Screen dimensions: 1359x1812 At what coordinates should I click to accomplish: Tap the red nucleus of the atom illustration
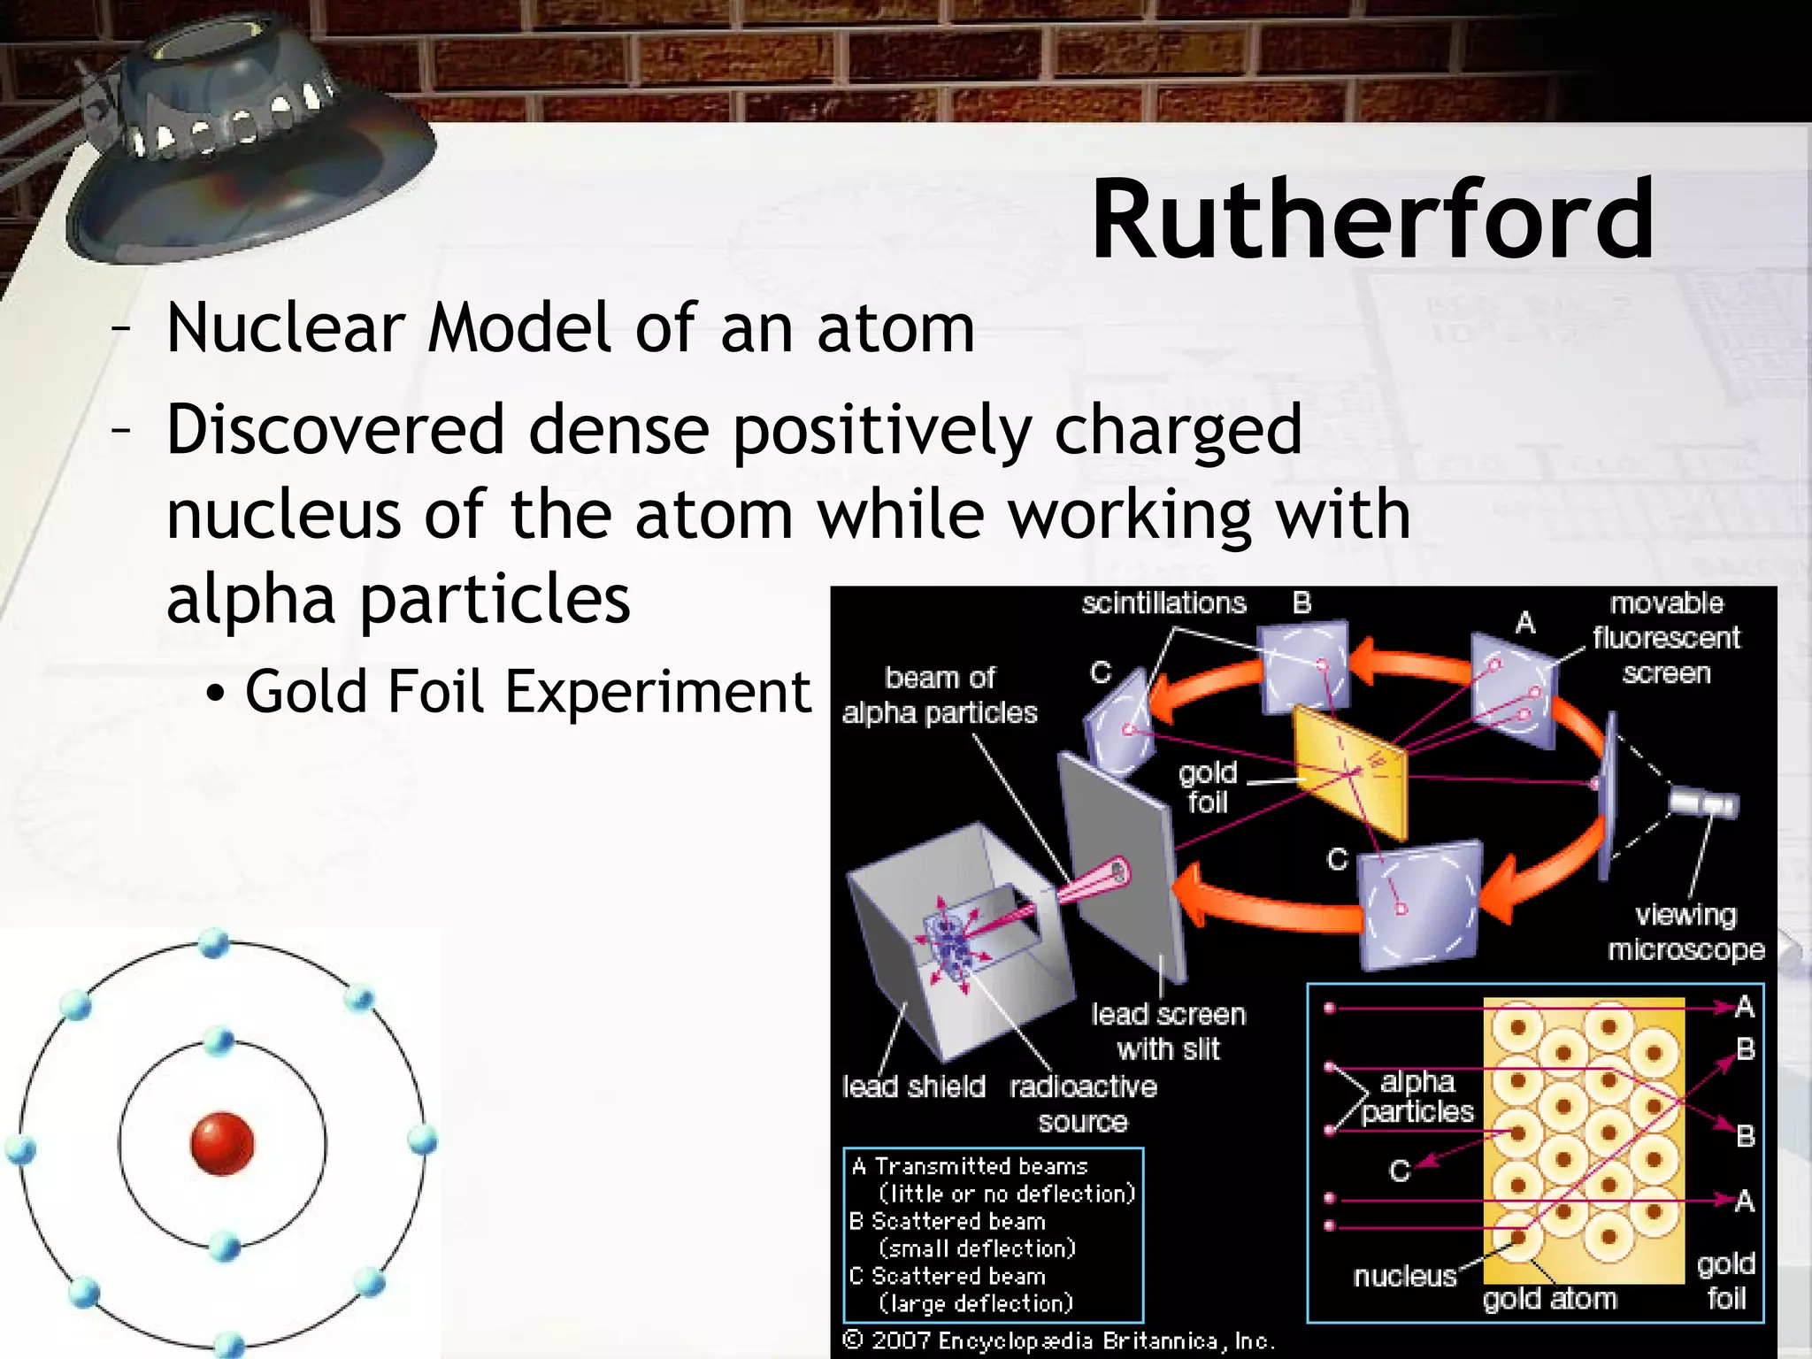[x=222, y=1143]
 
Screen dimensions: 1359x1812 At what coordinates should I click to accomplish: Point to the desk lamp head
[x=239, y=142]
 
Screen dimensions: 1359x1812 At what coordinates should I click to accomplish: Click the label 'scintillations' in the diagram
[x=1163, y=603]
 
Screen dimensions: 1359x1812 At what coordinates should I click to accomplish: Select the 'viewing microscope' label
[x=1685, y=932]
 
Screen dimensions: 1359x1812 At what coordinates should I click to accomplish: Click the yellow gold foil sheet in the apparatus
[x=1349, y=770]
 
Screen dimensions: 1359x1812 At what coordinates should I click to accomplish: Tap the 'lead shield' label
[x=913, y=1086]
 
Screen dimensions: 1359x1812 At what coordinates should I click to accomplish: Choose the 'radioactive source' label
[x=1083, y=1103]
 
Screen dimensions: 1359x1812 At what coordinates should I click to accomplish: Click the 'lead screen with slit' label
[x=1168, y=1032]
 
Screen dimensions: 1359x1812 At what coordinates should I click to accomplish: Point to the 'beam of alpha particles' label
[x=939, y=695]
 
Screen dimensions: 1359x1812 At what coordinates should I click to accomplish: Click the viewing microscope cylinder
[x=1703, y=803]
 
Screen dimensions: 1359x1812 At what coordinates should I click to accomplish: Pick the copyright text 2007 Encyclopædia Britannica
[x=1059, y=1341]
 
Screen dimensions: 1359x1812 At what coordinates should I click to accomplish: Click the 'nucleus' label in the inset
[x=1404, y=1276]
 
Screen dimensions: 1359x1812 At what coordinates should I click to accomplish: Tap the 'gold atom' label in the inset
[x=1549, y=1299]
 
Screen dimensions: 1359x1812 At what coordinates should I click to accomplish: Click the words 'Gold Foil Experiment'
[x=527, y=691]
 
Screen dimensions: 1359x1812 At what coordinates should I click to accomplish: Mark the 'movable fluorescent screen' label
[x=1666, y=638]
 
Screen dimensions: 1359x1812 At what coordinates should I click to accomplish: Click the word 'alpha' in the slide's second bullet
[x=250, y=600]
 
